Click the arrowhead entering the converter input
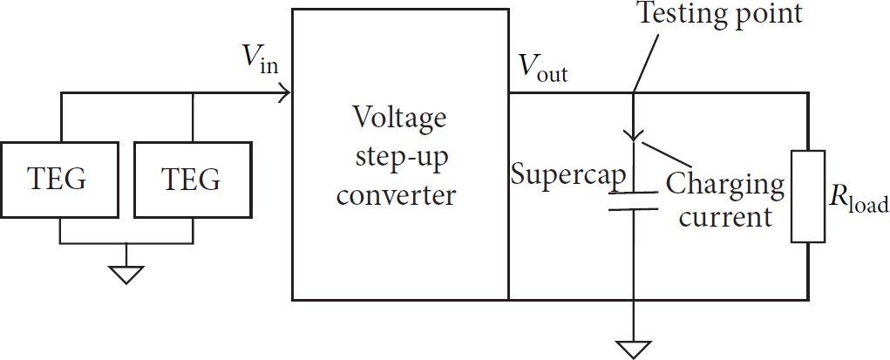click(285, 93)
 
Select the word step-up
click(401, 158)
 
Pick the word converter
click(397, 195)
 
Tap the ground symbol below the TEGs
click(126, 275)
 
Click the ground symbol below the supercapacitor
click(633, 350)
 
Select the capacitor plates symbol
click(633, 201)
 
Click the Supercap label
click(568, 175)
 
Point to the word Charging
click(725, 186)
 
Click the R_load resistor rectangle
click(808, 196)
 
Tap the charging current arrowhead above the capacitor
click(633, 134)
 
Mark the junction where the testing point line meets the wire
click(633, 93)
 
